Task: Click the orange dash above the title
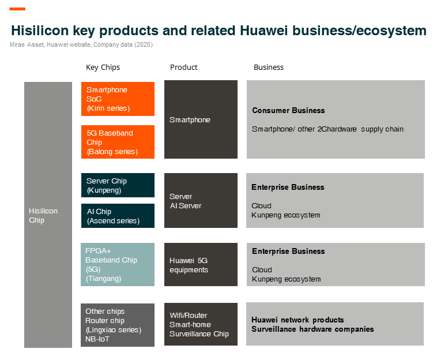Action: point(17,9)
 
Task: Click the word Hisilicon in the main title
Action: point(40,31)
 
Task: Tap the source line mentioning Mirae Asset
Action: point(81,44)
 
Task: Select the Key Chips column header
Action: point(103,67)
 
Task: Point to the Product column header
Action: point(183,67)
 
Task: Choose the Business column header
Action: point(269,67)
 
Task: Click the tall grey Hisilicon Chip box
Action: point(48,215)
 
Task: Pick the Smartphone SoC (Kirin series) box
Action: point(118,99)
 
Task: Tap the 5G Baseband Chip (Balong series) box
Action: point(118,142)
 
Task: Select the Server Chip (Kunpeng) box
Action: point(118,185)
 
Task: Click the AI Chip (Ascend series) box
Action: point(118,216)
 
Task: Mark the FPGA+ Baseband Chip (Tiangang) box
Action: point(118,264)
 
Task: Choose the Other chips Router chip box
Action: point(118,325)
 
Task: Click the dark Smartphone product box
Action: point(201,119)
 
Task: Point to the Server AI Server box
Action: point(201,200)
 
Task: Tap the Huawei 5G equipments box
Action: point(201,264)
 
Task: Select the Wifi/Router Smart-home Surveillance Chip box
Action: point(201,324)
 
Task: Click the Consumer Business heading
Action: point(288,110)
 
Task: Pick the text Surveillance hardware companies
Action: point(313,329)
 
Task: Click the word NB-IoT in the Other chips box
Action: point(97,339)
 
